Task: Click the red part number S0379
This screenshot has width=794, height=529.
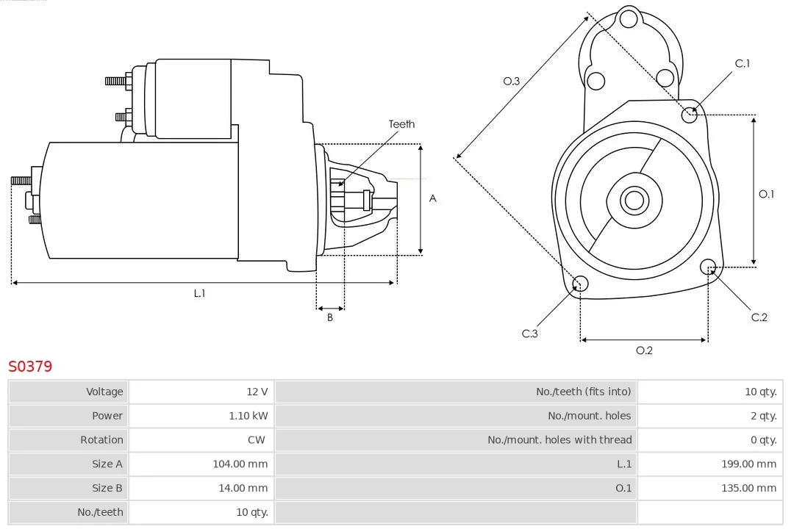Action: pyautogui.click(x=30, y=366)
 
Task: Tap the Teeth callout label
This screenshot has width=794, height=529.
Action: pyautogui.click(x=401, y=124)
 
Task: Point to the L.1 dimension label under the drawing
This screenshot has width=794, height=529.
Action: pyautogui.click(x=199, y=293)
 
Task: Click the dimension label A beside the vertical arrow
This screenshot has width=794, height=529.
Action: pyautogui.click(x=432, y=198)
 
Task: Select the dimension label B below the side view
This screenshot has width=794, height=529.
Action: pyautogui.click(x=330, y=317)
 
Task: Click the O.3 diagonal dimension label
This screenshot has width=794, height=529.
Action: pyautogui.click(x=512, y=81)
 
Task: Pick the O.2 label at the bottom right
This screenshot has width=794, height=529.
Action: pyautogui.click(x=644, y=350)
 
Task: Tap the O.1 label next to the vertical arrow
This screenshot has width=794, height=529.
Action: pyautogui.click(x=766, y=194)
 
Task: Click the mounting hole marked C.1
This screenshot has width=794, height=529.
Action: pyautogui.click(x=689, y=115)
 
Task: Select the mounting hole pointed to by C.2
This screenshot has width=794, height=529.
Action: pyautogui.click(x=708, y=267)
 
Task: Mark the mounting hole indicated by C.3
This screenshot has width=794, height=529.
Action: pyautogui.click(x=580, y=284)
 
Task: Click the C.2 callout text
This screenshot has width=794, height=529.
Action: pyautogui.click(x=759, y=317)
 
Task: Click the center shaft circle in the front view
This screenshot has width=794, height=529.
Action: pyautogui.click(x=634, y=200)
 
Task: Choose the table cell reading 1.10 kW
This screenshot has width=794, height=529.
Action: pyautogui.click(x=248, y=416)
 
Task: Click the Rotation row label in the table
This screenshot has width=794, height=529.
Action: pyautogui.click(x=101, y=440)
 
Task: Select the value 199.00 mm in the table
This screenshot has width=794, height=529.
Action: pyautogui.click(x=748, y=464)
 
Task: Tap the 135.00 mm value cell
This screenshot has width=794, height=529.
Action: pyautogui.click(x=748, y=488)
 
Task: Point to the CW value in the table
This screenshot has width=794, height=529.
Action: pyautogui.click(x=257, y=440)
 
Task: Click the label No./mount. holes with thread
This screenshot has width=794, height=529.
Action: pyautogui.click(x=559, y=440)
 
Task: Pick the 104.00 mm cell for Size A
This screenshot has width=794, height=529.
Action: pyautogui.click(x=240, y=464)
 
